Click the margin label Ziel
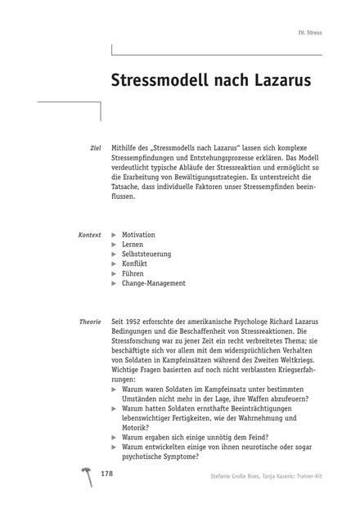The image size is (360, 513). pyautogui.click(x=94, y=147)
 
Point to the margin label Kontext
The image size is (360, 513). pyautogui.click(x=89, y=235)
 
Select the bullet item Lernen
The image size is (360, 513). pyautogui.click(x=133, y=245)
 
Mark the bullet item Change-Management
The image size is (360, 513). pyautogui.click(x=153, y=283)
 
